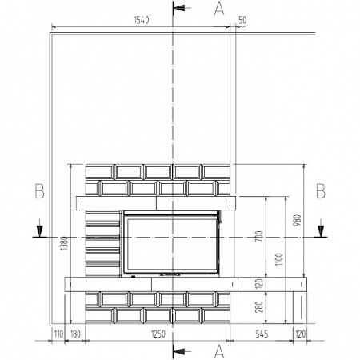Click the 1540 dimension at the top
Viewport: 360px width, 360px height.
(142, 20)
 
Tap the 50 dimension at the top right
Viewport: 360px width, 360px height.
(242, 20)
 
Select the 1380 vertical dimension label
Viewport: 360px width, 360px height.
(64, 243)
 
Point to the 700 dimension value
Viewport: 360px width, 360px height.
(259, 237)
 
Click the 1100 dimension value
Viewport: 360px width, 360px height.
(278, 259)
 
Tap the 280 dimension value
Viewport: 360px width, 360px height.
(259, 307)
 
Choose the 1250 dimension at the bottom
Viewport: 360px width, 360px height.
(158, 334)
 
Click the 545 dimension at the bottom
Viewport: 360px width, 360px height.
(262, 334)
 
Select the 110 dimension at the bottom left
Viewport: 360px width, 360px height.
(58, 334)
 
